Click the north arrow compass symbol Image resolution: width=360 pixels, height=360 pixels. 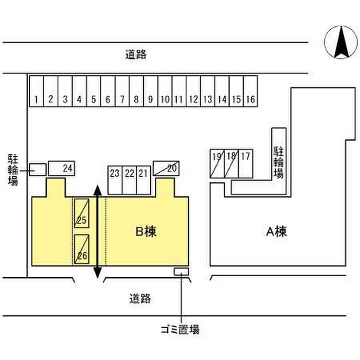340,42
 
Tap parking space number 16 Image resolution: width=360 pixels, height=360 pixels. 250,92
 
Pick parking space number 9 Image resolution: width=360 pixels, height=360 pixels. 150,92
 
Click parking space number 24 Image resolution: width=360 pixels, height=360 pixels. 62,168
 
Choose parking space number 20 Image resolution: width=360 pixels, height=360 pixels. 166,168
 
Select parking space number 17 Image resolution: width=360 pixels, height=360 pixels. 245,164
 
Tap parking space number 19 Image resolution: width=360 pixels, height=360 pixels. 217,164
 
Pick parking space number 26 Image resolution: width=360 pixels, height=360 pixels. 81,249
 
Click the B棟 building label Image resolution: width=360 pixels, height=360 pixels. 146,231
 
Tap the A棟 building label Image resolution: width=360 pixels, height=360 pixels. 276,231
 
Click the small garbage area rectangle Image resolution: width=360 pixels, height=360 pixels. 182,271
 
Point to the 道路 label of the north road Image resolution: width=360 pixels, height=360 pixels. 136,55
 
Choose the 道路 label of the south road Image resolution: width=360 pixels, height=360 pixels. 140,298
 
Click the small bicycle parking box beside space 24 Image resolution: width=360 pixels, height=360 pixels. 37,169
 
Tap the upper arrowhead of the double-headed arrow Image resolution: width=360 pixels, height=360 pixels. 97,191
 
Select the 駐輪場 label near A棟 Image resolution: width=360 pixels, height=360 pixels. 278,161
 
